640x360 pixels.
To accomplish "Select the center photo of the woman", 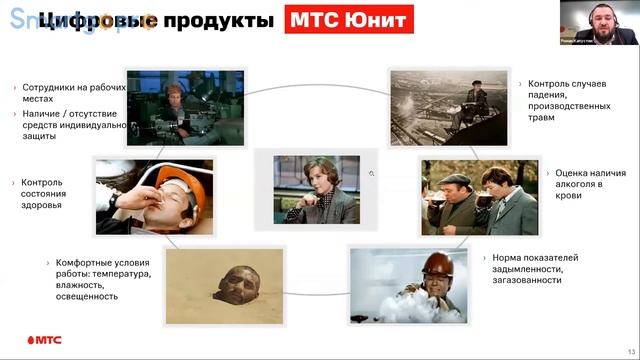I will pyautogui.click(x=307, y=187).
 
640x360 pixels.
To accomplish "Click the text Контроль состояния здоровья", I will pyautogui.click(x=41, y=194).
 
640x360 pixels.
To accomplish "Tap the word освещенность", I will pyautogui.click(x=98, y=299).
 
